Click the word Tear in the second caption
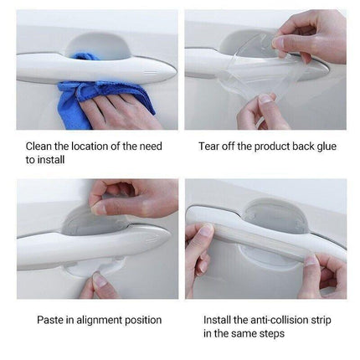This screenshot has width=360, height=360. pyautogui.click(x=210, y=146)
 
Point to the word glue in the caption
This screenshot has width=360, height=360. pyautogui.click(x=324, y=146)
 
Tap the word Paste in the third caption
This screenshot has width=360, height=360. pyautogui.click(x=51, y=320)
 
